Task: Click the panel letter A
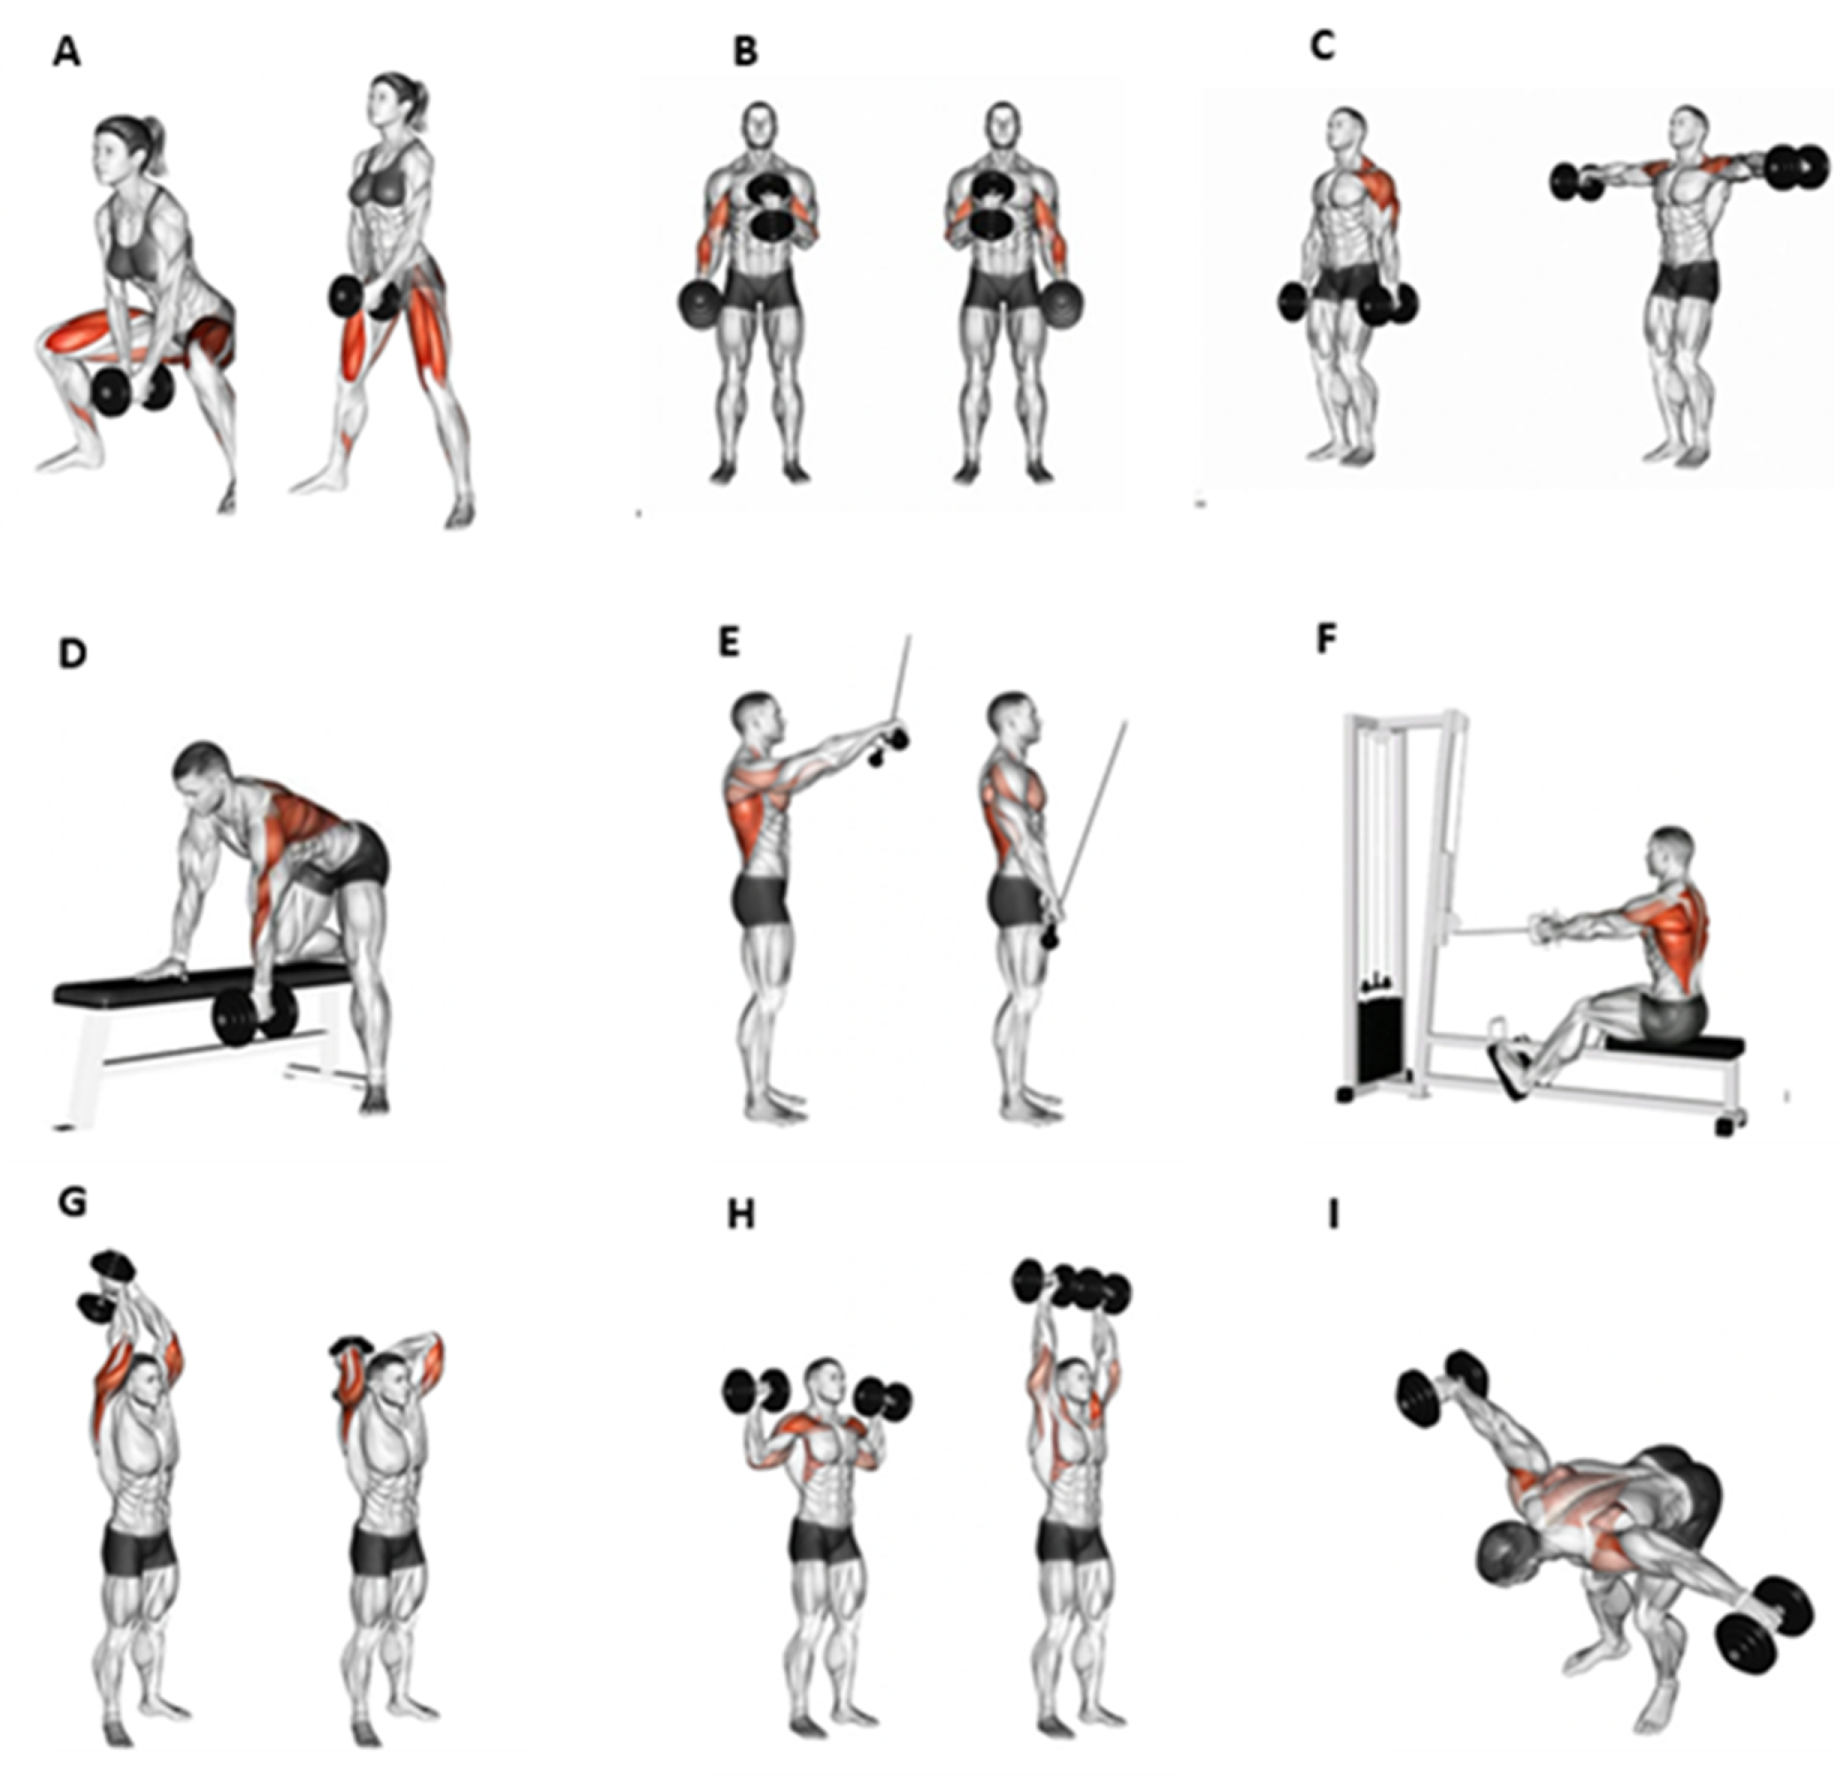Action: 67,53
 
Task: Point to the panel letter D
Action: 73,653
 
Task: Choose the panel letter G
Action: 72,1203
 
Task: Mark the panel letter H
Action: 741,1216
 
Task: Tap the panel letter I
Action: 1332,1216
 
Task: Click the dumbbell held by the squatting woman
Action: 135,386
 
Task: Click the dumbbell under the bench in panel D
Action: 254,1016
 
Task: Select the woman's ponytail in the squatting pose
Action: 157,145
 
